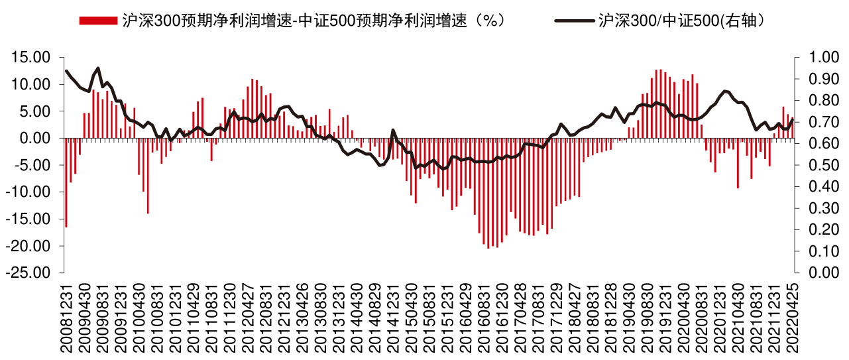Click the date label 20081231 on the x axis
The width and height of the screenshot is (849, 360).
click(66, 318)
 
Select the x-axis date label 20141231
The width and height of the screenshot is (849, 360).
click(393, 318)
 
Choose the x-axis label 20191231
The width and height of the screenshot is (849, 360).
click(665, 318)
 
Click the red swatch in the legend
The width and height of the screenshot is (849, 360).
click(97, 21)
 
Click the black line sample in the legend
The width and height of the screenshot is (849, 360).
click(574, 21)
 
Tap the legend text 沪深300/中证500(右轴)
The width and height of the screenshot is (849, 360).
click(683, 21)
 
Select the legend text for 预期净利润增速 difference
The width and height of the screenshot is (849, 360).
click(315, 21)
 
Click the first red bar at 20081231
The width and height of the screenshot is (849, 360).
click(66, 182)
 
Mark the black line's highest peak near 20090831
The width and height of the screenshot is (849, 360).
click(98, 68)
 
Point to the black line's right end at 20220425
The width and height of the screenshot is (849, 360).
click(793, 119)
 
